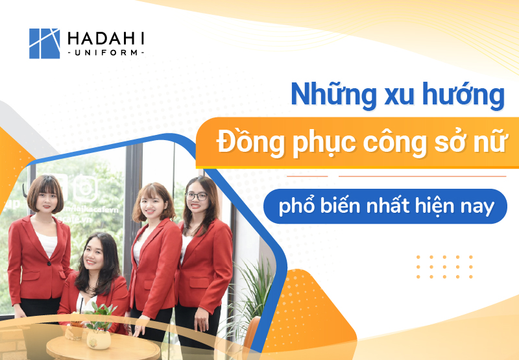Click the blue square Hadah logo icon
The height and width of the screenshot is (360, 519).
44,43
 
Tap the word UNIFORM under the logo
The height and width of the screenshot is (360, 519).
106,53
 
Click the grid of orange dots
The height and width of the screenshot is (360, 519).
444,267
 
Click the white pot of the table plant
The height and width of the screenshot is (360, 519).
98,339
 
